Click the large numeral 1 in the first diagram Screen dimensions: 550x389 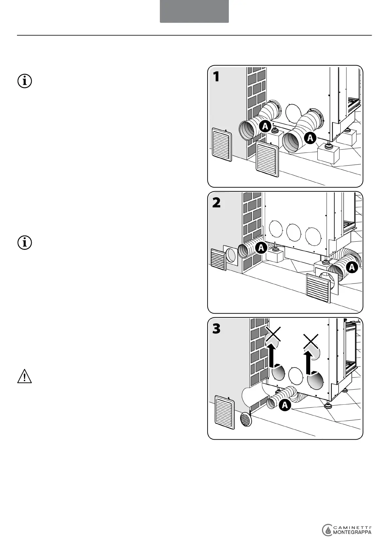(x=216, y=77)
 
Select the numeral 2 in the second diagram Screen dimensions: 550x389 (x=216, y=203)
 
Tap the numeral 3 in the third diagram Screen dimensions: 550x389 (x=216, y=329)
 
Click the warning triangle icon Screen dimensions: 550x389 (x=25, y=377)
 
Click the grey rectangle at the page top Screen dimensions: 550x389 (x=194, y=11)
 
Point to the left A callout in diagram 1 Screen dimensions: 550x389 (x=265, y=126)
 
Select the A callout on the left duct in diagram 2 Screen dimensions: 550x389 (x=261, y=248)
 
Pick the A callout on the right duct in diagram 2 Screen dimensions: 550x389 (x=352, y=267)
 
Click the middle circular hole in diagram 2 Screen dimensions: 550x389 (x=294, y=232)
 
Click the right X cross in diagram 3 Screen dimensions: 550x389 (x=311, y=341)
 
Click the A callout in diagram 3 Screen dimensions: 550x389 (x=285, y=405)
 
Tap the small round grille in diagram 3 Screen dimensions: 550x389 (x=246, y=419)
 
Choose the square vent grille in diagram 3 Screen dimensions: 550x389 (x=225, y=412)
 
